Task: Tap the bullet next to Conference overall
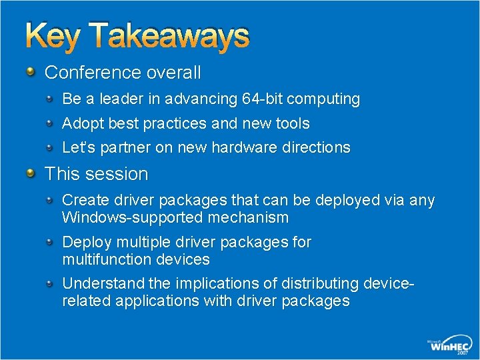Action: pyautogui.click(x=31, y=71)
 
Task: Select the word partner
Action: pyautogui.click(x=125, y=147)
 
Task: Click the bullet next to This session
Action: pyautogui.click(x=31, y=173)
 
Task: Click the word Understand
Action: pyautogui.click(x=99, y=284)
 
